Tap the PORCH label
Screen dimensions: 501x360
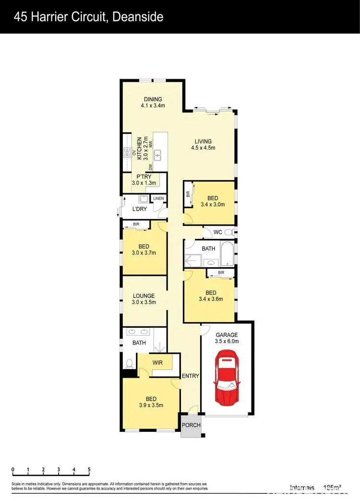coord(191,425)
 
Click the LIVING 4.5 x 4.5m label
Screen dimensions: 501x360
coord(203,144)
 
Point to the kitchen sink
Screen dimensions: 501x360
coord(157,155)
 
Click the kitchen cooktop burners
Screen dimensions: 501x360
coord(127,154)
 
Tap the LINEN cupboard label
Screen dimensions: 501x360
coord(158,199)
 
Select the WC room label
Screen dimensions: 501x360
coord(217,232)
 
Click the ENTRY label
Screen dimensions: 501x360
coord(191,376)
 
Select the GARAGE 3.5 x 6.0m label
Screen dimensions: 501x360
coord(227,338)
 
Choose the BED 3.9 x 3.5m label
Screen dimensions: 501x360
coord(151,402)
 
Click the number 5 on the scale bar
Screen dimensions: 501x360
coord(89,469)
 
